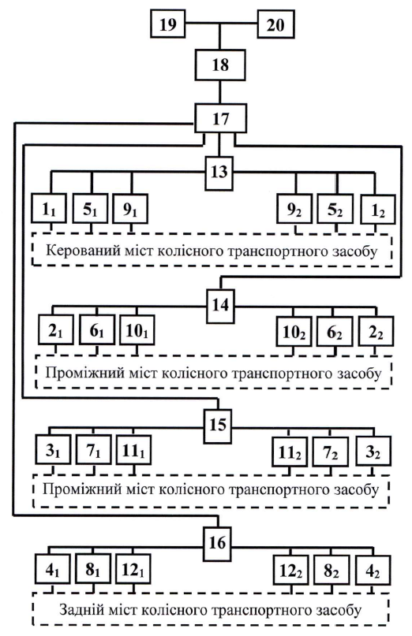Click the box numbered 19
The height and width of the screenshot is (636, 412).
(x=168, y=24)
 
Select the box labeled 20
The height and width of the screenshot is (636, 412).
(x=276, y=24)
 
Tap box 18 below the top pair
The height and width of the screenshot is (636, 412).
(x=220, y=65)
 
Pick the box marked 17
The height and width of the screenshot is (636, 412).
(x=221, y=118)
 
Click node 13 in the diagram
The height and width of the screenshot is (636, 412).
(x=219, y=173)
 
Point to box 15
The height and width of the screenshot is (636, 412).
(x=218, y=426)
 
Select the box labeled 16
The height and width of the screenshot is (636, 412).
(x=217, y=544)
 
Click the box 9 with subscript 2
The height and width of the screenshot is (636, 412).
(x=294, y=209)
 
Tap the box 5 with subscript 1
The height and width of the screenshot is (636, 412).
(x=90, y=209)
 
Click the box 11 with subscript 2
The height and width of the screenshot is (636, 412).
(x=290, y=451)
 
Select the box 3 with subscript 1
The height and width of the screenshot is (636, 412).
(x=53, y=449)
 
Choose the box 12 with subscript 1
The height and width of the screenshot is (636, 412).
(x=133, y=569)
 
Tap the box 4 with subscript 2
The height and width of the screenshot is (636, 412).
(x=373, y=570)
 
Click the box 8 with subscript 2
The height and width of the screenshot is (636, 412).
(x=331, y=570)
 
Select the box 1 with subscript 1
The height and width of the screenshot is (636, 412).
(x=49, y=209)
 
